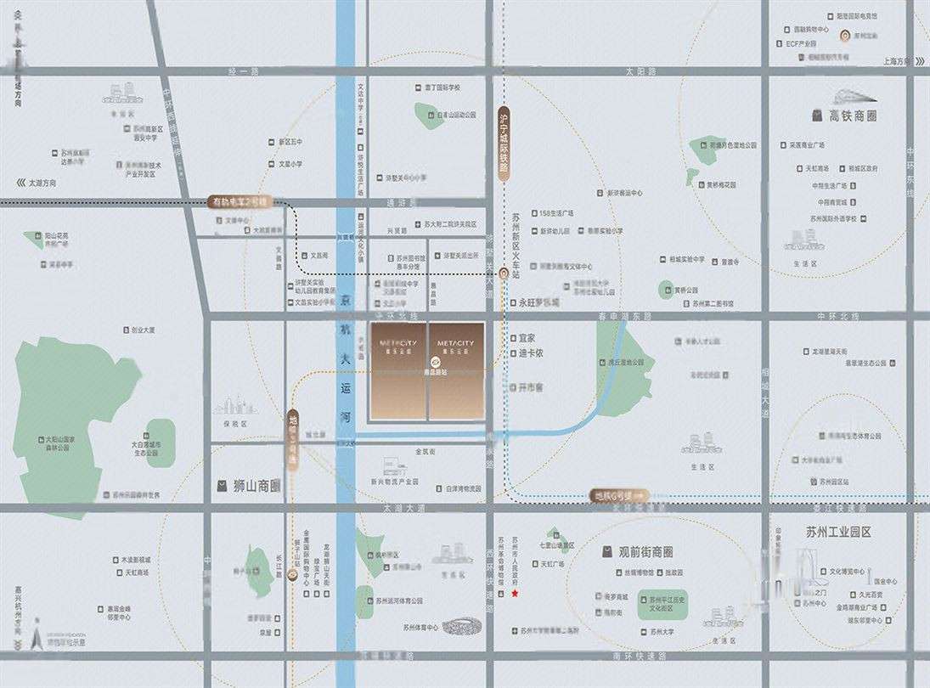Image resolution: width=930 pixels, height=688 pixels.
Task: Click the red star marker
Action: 515,594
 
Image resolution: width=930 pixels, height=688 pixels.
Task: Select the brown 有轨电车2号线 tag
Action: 239,202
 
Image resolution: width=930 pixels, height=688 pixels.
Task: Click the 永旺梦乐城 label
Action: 539,302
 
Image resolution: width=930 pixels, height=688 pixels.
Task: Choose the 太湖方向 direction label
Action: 41,182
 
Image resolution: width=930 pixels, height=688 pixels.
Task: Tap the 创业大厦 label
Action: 138,330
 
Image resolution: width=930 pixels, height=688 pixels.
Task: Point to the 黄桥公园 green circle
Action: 666,290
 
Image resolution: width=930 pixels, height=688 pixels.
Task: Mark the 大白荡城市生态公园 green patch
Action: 161,443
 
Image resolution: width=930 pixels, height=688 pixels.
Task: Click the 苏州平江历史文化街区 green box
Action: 668,604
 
